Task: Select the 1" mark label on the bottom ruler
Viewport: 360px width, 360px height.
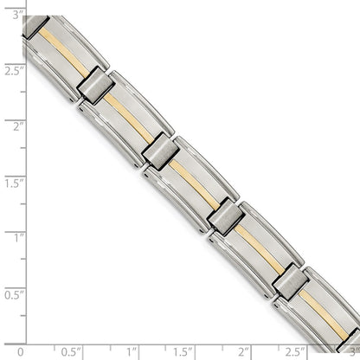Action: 132,352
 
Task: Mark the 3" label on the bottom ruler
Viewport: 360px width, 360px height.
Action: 352,352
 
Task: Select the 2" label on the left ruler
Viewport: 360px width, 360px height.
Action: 8,126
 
